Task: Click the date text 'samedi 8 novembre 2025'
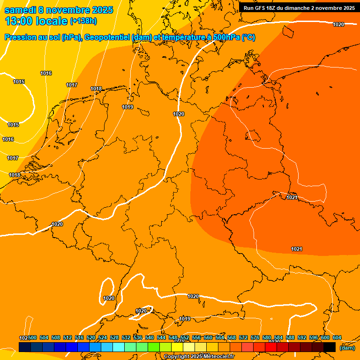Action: click(59, 10)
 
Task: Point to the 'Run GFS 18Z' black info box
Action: click(299, 7)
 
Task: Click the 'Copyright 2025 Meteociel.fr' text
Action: click(199, 357)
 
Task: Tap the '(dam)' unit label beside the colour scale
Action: click(347, 348)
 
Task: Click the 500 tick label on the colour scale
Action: click(32, 337)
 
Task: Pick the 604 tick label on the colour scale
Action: click(337, 337)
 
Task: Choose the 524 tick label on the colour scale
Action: click(103, 337)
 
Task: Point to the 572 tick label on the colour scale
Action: click(243, 337)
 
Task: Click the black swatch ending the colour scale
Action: click(330, 347)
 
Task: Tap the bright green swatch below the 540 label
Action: click(154, 347)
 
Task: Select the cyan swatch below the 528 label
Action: click(119, 347)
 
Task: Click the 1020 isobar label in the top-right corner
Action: click(338, 24)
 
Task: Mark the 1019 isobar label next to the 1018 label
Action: click(127, 107)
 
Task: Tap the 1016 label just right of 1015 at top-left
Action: click(46, 73)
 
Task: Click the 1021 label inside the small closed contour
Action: click(292, 197)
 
